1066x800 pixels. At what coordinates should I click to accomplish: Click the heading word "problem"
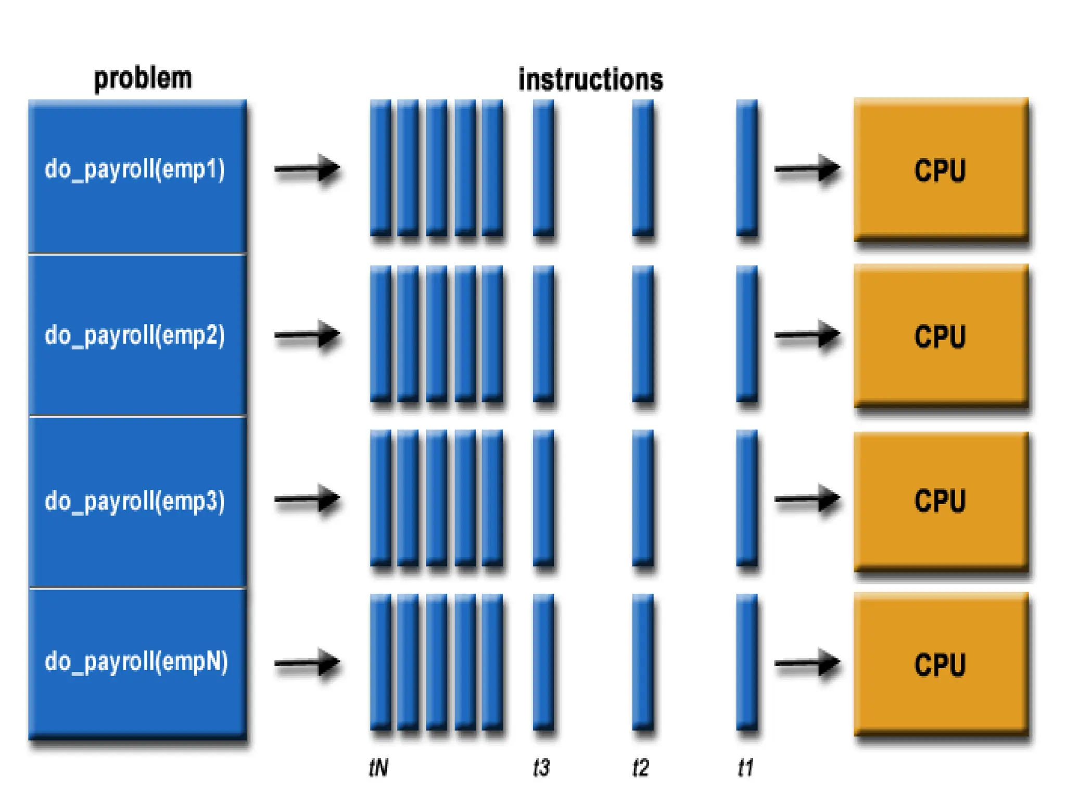(143, 79)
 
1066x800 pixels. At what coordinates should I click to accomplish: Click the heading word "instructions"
(590, 80)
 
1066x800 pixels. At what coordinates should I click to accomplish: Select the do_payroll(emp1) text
(135, 169)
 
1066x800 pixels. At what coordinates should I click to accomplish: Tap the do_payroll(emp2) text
(135, 335)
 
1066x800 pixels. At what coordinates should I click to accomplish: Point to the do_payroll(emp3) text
(135, 501)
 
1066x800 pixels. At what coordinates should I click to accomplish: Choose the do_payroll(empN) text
(136, 661)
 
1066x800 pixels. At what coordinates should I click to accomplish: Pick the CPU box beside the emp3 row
(941, 501)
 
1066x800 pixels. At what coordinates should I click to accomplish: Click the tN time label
(378, 768)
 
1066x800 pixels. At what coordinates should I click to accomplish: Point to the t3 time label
(541, 768)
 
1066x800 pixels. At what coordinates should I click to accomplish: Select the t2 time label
(641, 768)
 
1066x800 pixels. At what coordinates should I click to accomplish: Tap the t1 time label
(745, 768)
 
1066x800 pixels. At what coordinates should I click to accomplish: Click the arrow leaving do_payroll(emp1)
(307, 168)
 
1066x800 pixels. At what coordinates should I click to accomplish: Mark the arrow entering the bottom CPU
(807, 663)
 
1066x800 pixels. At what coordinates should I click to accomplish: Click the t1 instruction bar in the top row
(746, 168)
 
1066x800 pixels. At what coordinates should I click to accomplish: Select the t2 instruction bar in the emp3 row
(643, 497)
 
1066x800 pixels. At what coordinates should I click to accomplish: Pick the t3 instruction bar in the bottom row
(543, 662)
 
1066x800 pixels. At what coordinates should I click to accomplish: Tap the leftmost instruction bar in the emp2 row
(380, 333)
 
